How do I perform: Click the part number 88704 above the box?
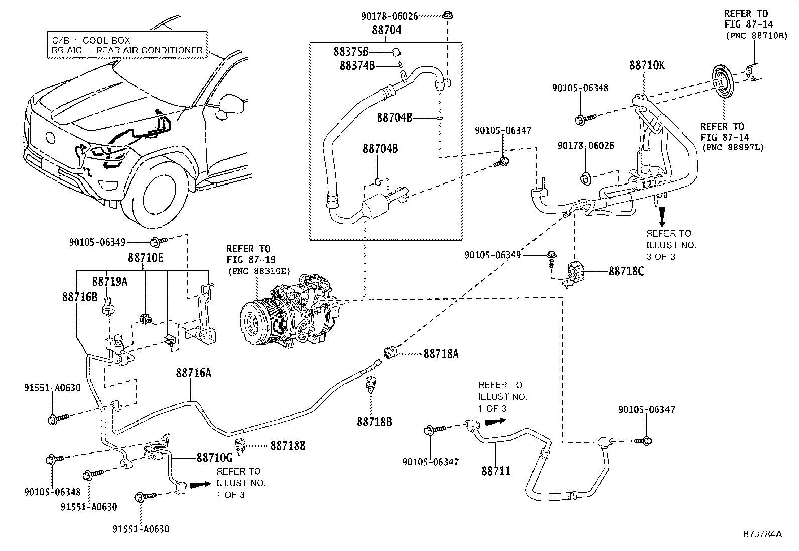click(386, 30)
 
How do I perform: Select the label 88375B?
click(351, 51)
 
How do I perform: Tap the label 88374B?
click(357, 65)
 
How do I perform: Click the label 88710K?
click(647, 65)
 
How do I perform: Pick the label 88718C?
click(626, 271)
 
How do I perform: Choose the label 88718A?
click(441, 353)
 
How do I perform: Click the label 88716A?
click(193, 373)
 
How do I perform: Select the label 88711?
click(496, 471)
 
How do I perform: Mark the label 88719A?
click(109, 282)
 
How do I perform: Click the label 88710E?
click(146, 258)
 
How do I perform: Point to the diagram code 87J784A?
click(763, 534)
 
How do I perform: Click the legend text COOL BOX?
click(106, 40)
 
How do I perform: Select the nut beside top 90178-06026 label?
click(446, 16)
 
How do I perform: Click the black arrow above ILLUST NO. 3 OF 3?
click(662, 216)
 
